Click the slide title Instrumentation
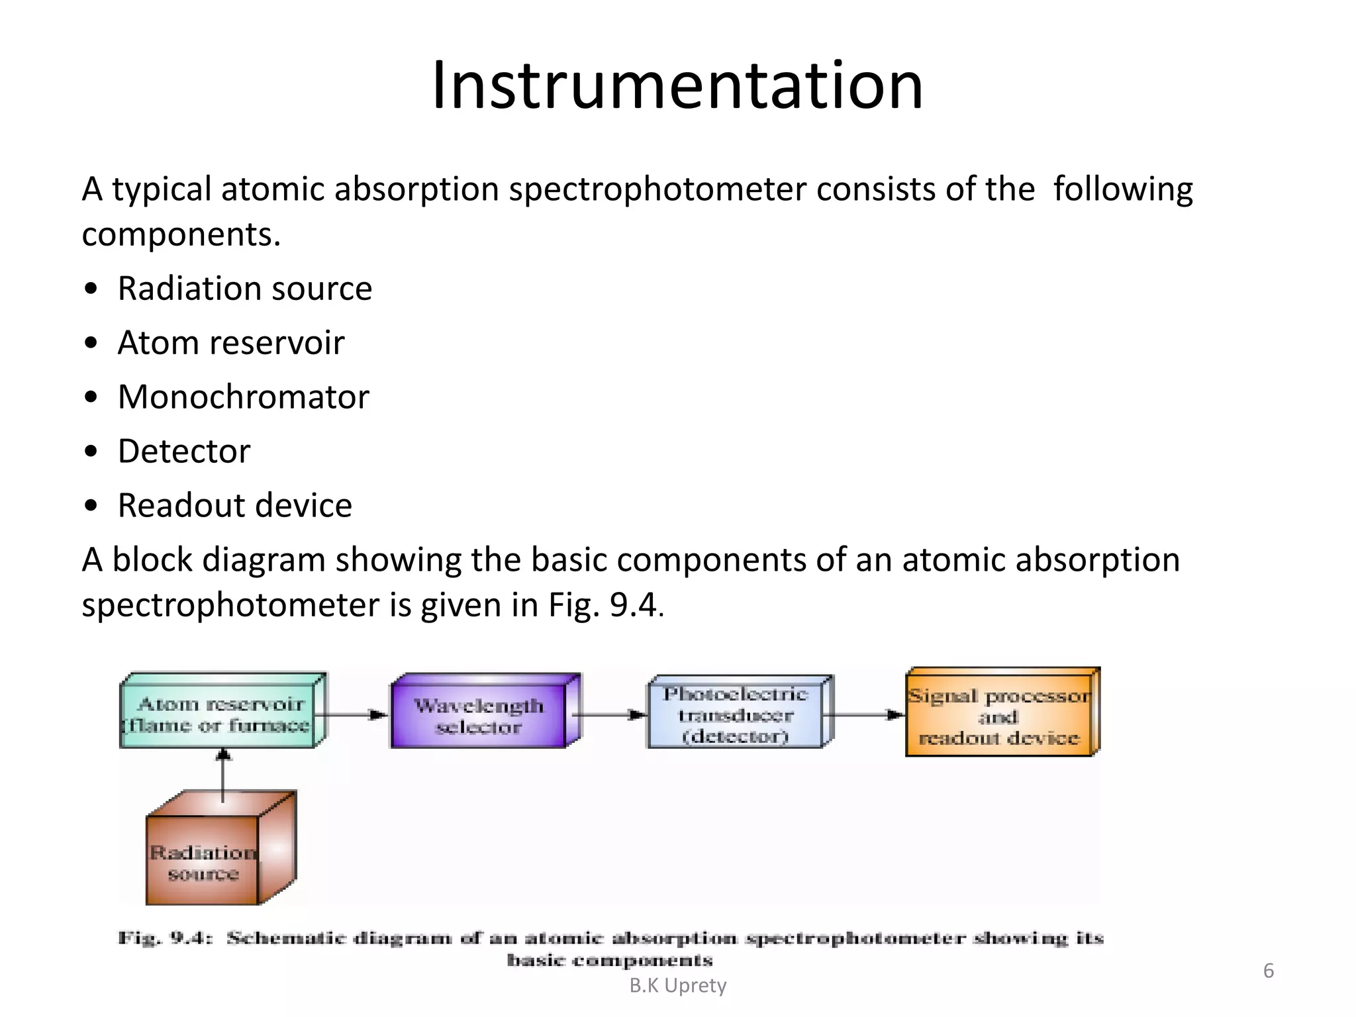tap(677, 86)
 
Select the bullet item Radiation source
tap(244, 289)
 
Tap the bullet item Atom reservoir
tap(230, 343)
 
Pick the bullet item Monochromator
tap(243, 397)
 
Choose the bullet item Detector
tap(184, 452)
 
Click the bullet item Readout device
tap(234, 506)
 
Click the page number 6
tap(1268, 971)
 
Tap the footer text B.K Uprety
tap(677, 986)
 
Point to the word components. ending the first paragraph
tap(181, 235)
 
